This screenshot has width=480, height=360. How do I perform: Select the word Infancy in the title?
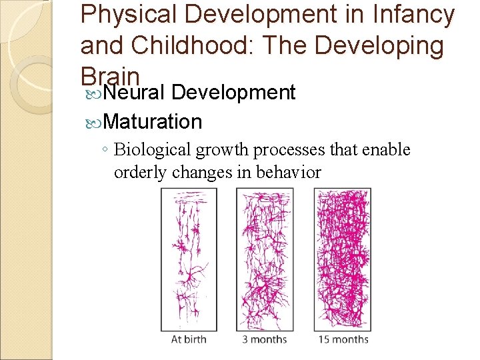[414, 15]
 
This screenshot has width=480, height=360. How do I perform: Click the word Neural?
[135, 92]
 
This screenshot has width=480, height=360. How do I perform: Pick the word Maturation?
[153, 121]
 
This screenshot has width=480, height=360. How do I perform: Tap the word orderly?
[141, 173]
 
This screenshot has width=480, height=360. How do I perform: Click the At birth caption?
[189, 339]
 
